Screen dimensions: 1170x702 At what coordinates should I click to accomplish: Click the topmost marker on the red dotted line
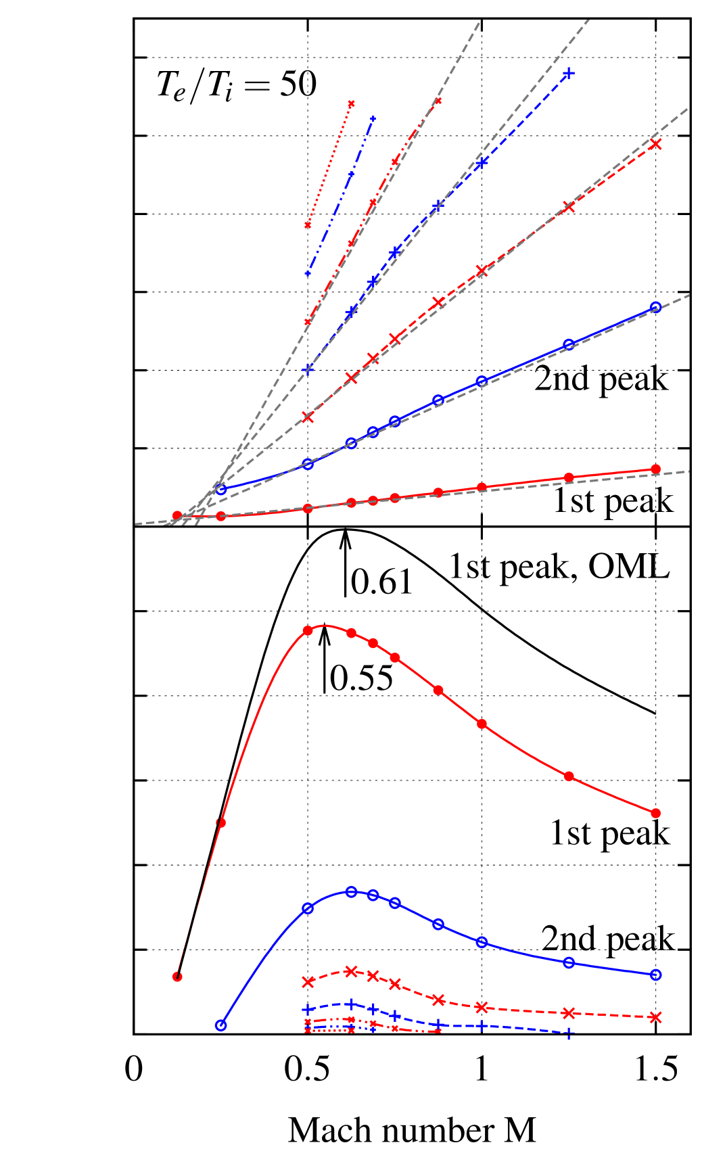(351, 103)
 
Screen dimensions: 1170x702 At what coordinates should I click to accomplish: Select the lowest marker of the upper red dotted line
(308, 225)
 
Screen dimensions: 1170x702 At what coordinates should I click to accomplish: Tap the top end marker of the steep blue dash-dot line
(373, 119)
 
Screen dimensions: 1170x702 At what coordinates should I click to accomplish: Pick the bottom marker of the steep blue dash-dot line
(308, 273)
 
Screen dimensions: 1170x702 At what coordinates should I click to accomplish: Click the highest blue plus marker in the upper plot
(569, 73)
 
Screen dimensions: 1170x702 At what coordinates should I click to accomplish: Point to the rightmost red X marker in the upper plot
(655, 144)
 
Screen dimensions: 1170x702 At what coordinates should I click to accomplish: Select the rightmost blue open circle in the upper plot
(655, 308)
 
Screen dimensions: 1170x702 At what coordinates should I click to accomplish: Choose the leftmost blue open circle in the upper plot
(220, 490)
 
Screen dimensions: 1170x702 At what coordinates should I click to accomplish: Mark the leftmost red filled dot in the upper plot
(177, 515)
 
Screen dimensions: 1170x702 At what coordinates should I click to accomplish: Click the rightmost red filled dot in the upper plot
(655, 469)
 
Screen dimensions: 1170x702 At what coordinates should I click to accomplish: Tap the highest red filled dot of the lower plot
(308, 630)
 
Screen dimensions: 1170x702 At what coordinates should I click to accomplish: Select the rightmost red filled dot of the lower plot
(655, 813)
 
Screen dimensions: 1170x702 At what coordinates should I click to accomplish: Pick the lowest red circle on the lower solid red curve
(177, 977)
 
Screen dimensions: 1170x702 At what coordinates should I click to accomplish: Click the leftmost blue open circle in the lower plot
(220, 1025)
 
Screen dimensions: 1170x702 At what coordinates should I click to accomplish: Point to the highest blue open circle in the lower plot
(351, 892)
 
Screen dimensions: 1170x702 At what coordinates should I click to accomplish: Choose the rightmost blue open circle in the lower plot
(655, 975)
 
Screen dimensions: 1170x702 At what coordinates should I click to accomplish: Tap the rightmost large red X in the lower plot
(655, 1017)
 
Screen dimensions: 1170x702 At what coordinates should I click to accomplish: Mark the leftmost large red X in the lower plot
(308, 982)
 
